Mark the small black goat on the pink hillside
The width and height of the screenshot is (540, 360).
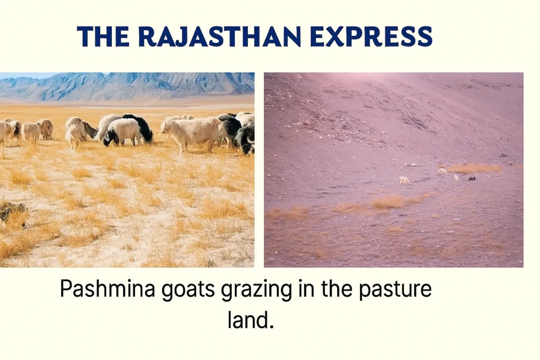(472, 179)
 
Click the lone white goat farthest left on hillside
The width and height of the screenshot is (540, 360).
(404, 180)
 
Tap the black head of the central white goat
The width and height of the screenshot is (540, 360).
(110, 138)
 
